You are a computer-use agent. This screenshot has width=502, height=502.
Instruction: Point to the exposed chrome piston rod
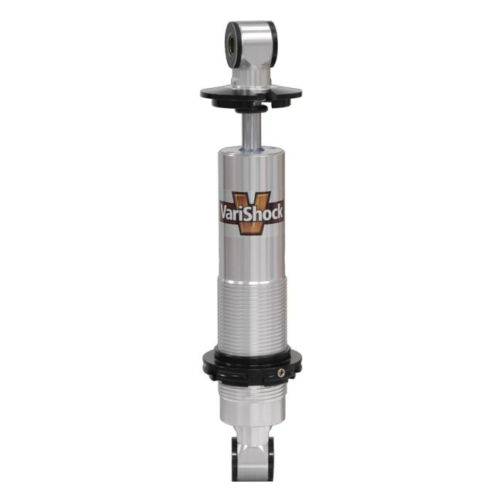251,127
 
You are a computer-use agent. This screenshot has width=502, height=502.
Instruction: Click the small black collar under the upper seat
251,107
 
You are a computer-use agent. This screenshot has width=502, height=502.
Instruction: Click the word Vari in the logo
235,212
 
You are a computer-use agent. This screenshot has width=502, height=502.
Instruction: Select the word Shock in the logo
266,212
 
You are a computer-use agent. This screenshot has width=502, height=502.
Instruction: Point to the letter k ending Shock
280,212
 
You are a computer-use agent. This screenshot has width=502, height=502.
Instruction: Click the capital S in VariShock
253,212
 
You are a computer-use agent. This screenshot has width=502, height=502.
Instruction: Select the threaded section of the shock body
251,309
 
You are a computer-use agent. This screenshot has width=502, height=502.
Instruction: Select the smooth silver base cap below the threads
251,413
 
